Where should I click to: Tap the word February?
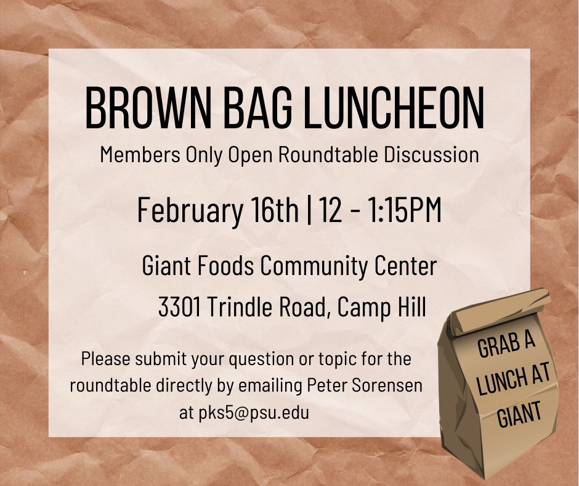pos(190,210)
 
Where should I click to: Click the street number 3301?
pos(179,307)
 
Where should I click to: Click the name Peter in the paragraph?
pos(328,385)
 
